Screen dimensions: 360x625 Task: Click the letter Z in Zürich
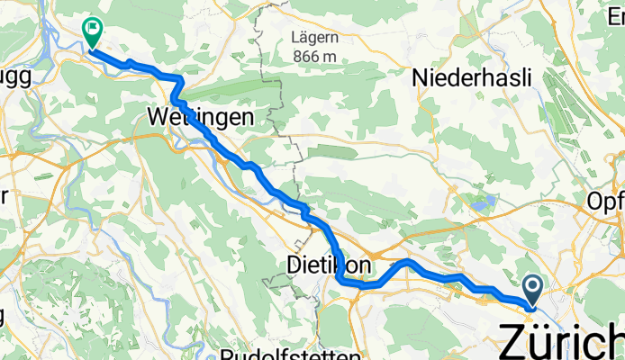(x=514, y=343)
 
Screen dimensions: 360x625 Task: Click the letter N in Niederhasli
(x=419, y=78)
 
